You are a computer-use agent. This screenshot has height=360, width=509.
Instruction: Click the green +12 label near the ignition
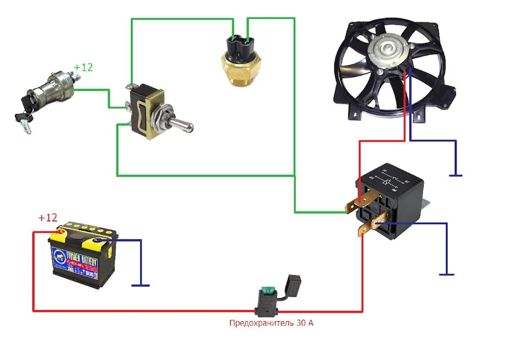(x=83, y=68)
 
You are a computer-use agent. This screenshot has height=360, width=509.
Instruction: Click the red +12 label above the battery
(x=47, y=218)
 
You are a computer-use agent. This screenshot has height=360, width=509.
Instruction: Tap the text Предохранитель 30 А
(x=271, y=322)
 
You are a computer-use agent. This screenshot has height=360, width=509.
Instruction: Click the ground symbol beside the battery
(x=141, y=285)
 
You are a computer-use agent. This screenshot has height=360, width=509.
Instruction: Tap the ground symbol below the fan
(x=454, y=175)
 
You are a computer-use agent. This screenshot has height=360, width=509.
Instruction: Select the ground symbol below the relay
(x=446, y=274)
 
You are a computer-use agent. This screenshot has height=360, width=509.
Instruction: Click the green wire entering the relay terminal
(x=323, y=212)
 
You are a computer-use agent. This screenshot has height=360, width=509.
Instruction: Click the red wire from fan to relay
(x=360, y=159)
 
